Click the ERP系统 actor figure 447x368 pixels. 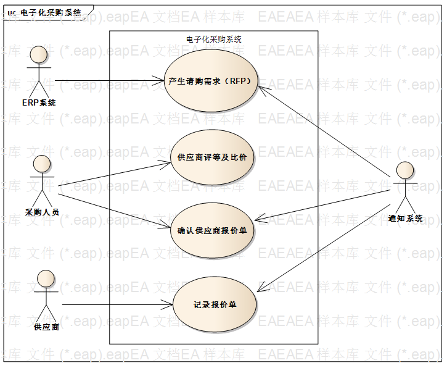tap(38, 70)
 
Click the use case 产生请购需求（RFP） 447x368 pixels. tap(213, 82)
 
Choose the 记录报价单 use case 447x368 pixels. tap(214, 304)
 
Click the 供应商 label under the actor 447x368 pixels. tap(47, 327)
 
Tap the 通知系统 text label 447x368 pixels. tap(406, 218)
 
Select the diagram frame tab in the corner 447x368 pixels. tap(46, 11)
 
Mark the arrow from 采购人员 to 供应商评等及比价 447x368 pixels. tap(114, 174)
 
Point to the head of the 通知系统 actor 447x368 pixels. tap(405, 170)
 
